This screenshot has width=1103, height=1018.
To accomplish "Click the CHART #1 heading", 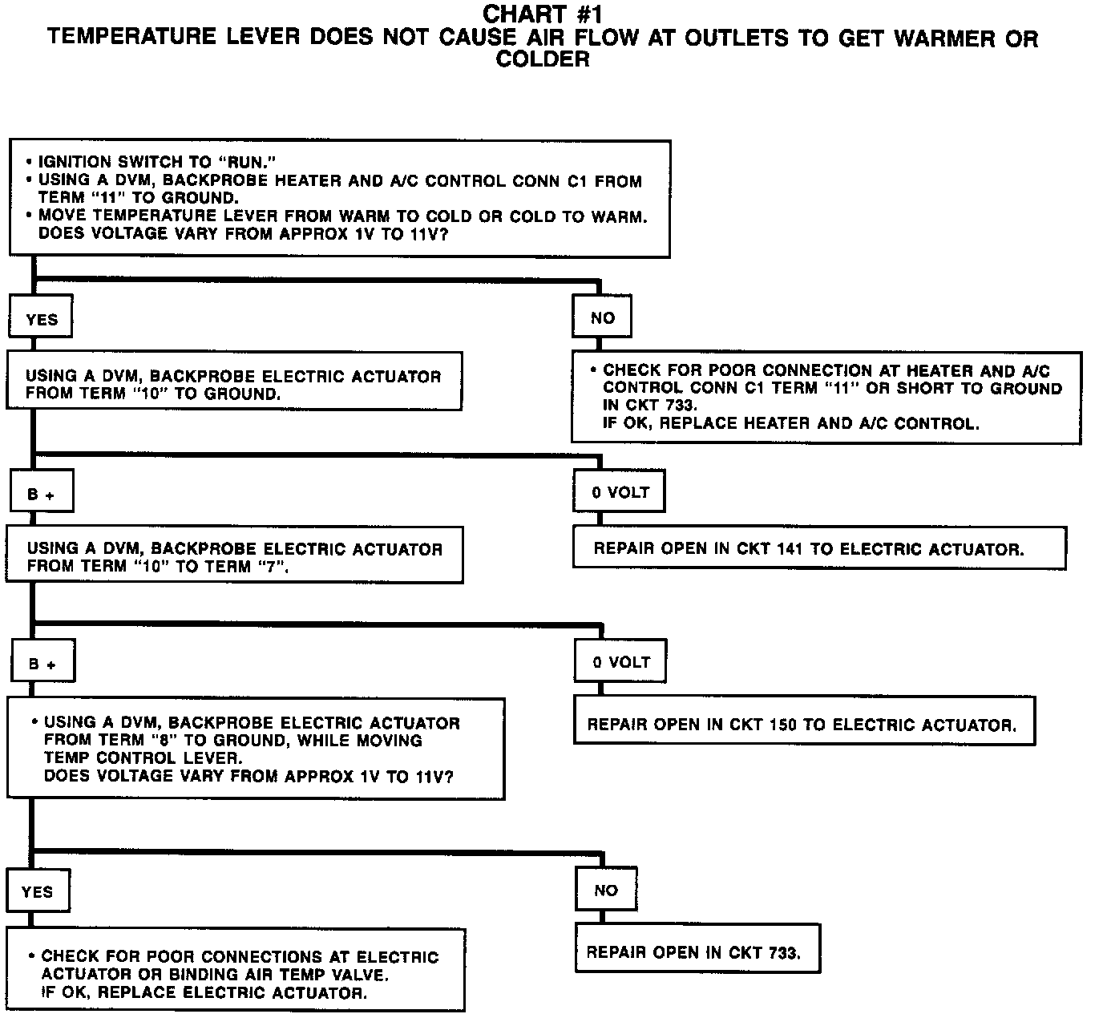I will [543, 14].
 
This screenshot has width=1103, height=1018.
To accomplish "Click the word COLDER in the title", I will [543, 59].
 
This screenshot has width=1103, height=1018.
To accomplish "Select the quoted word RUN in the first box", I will [243, 163].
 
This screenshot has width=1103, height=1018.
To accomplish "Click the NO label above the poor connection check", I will [602, 317].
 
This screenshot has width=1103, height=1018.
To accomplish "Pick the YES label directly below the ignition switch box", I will [42, 320].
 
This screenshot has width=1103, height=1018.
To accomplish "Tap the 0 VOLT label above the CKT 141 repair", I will [620, 492].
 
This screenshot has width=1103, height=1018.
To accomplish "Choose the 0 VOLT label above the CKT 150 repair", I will [621, 662].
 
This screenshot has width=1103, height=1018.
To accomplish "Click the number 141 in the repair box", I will [790, 550].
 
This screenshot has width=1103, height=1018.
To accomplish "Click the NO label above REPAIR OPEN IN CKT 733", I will [606, 890].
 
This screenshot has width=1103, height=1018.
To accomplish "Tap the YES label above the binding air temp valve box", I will [37, 891].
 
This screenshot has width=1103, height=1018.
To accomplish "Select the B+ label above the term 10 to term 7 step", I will [41, 495].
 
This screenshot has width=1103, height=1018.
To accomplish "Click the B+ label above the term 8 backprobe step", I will [42, 665].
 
